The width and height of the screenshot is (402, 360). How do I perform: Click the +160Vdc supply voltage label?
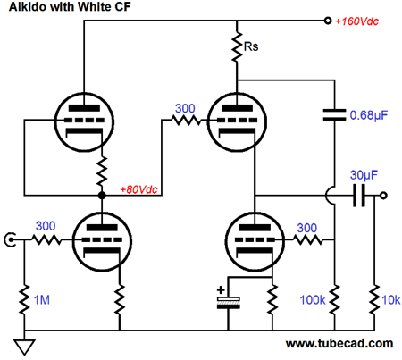pyautogui.click(x=356, y=21)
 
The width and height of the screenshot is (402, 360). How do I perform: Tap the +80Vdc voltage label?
pyautogui.click(x=138, y=189)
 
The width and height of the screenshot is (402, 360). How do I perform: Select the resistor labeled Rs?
pyautogui.click(x=237, y=47)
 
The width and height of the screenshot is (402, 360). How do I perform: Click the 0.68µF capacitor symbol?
pyautogui.click(x=334, y=114)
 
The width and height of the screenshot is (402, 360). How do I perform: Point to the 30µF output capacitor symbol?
pyautogui.click(x=359, y=196)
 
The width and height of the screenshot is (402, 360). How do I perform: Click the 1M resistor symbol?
pyautogui.click(x=24, y=299)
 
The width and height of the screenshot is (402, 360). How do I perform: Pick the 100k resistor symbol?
pyautogui.click(x=335, y=299)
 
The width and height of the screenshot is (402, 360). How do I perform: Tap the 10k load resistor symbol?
pyautogui.click(x=374, y=299)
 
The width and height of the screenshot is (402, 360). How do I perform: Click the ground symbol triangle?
pyautogui.click(x=24, y=347)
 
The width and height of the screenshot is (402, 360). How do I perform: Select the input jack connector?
pyautogui.click(x=10, y=239)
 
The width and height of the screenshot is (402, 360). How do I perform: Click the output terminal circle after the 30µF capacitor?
pyautogui.click(x=383, y=196)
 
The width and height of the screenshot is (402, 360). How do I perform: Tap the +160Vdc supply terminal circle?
pyautogui.click(x=328, y=21)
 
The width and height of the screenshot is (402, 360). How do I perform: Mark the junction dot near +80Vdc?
pyautogui.click(x=102, y=196)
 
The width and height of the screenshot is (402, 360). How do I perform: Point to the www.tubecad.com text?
pyautogui.click(x=339, y=344)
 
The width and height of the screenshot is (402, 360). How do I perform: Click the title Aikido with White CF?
pyautogui.click(x=70, y=6)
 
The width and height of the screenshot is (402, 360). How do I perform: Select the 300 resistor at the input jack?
pyautogui.click(x=46, y=239)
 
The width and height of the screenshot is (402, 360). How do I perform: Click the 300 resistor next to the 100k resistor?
pyautogui.click(x=308, y=239)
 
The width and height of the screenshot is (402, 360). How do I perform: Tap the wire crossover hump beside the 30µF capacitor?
pyautogui.click(x=330, y=196)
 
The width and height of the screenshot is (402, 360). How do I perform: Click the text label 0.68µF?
pyautogui.click(x=369, y=115)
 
